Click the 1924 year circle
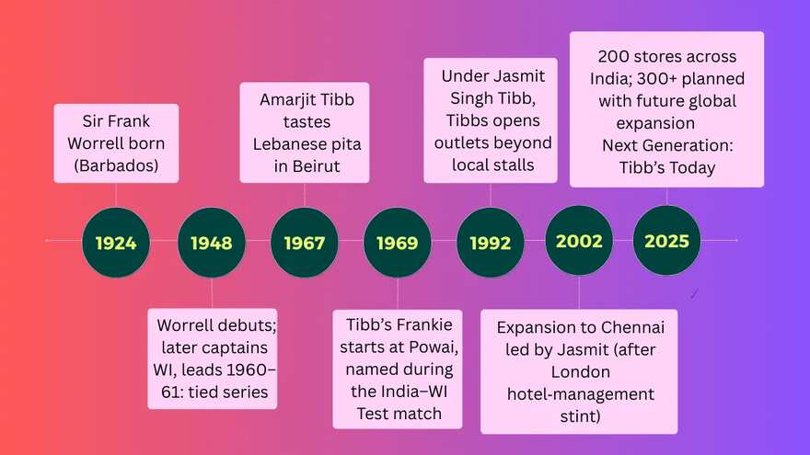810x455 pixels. click(116, 243)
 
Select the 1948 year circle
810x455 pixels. click(212, 243)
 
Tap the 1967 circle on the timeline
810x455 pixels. click(305, 243)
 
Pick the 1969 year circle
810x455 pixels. click(398, 243)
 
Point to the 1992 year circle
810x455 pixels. click(491, 243)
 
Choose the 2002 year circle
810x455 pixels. click(579, 241)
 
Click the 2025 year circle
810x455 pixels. click(667, 241)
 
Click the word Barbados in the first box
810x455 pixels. click(116, 165)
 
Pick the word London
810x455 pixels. click(580, 371)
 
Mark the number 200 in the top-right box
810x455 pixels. click(614, 56)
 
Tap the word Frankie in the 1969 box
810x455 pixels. click(428, 324)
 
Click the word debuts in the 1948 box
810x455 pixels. click(247, 325)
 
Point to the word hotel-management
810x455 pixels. click(581, 394)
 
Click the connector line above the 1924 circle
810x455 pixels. click(116, 196)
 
